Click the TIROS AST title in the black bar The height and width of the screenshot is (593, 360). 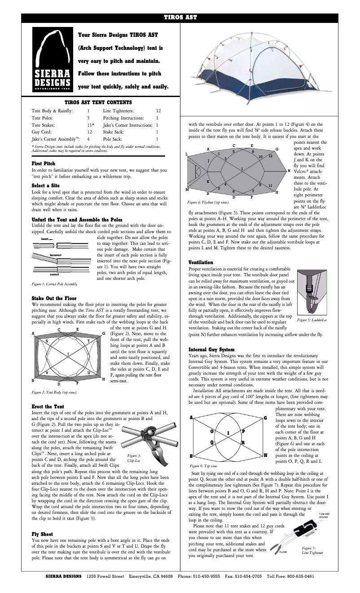tap(180, 18)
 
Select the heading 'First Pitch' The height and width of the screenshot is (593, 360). tap(44, 164)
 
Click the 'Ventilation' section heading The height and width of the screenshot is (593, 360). tap(201, 262)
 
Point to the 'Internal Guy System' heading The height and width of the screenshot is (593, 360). tap(211, 349)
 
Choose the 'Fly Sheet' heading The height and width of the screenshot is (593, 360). tap(42, 534)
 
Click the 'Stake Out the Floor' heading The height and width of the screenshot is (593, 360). tap(54, 298)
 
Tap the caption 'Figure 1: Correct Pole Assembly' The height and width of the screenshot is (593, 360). tap(54, 284)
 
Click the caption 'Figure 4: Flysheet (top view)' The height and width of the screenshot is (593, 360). tap(208, 203)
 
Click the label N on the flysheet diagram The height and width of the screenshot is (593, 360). tap(289, 171)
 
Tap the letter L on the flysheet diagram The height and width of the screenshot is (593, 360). tap(186, 154)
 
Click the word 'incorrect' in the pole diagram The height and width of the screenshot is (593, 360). tap(55, 255)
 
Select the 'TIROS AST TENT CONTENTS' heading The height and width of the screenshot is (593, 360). tap(98, 102)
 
